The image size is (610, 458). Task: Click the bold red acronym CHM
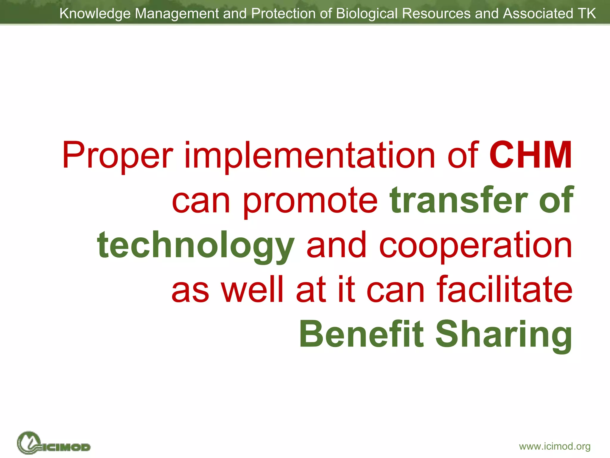(x=530, y=155)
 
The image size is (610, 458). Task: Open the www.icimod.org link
(x=555, y=446)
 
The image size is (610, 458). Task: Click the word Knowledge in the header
(x=95, y=14)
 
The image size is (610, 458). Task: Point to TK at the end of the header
(x=586, y=13)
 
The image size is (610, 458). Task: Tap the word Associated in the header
(x=538, y=14)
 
